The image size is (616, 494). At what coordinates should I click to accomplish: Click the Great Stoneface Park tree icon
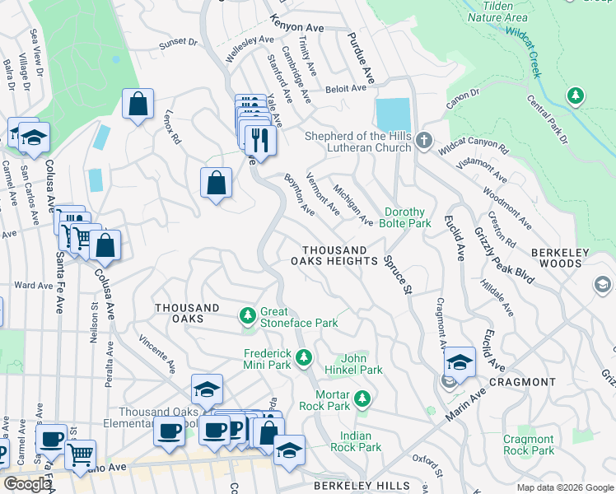(247, 315)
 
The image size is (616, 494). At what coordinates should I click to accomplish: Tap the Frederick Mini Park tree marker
(304, 357)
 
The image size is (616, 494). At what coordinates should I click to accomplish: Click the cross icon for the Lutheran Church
(423, 140)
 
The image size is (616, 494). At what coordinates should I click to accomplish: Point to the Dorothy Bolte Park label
(406, 217)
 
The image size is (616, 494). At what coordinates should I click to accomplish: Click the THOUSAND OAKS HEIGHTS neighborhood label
(334, 255)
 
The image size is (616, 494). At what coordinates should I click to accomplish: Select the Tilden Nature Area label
(497, 10)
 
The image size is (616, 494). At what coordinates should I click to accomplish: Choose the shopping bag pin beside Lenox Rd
(138, 105)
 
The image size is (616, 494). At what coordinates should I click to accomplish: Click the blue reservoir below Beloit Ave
(392, 114)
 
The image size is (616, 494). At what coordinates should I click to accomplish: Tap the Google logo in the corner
(27, 484)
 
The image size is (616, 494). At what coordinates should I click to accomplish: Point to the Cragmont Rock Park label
(529, 445)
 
